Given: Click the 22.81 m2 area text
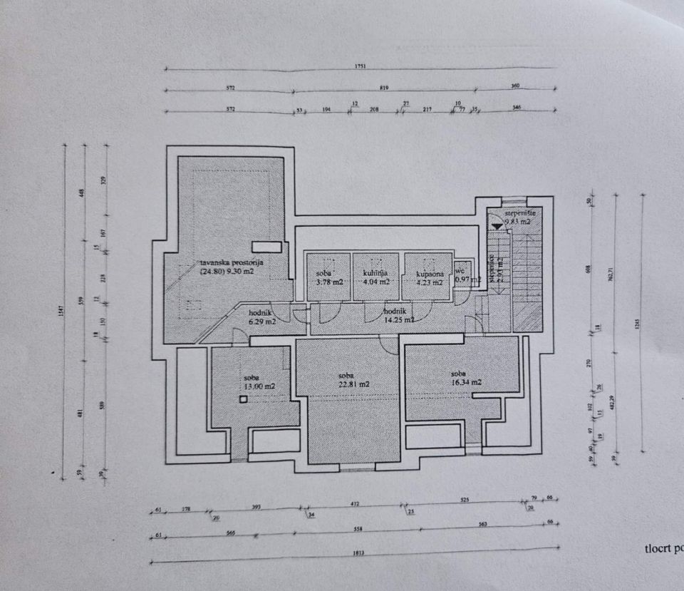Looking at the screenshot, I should pyautogui.click(x=353, y=384).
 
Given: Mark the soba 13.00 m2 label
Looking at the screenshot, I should pyautogui.click(x=259, y=381).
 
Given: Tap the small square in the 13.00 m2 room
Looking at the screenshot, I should pyautogui.click(x=244, y=400).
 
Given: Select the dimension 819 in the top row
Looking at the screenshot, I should pyautogui.click(x=384, y=88).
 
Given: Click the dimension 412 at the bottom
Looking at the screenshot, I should pyautogui.click(x=355, y=504).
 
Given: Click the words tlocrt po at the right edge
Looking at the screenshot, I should pyautogui.click(x=663, y=548).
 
